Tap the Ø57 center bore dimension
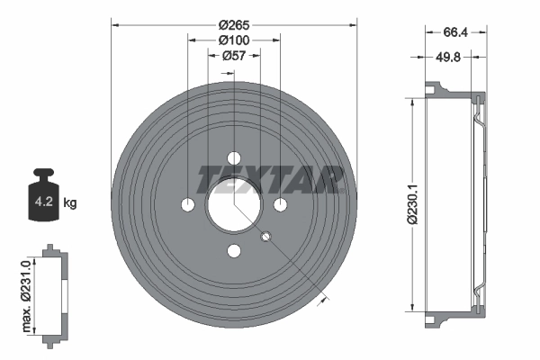click(233, 55)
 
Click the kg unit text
click(70, 202)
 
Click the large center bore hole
click(233, 205)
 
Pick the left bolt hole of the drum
click(187, 205)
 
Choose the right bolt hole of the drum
click(280, 205)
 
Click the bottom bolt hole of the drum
click(234, 251)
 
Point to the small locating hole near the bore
click(265, 237)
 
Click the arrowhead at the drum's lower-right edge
click(319, 303)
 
